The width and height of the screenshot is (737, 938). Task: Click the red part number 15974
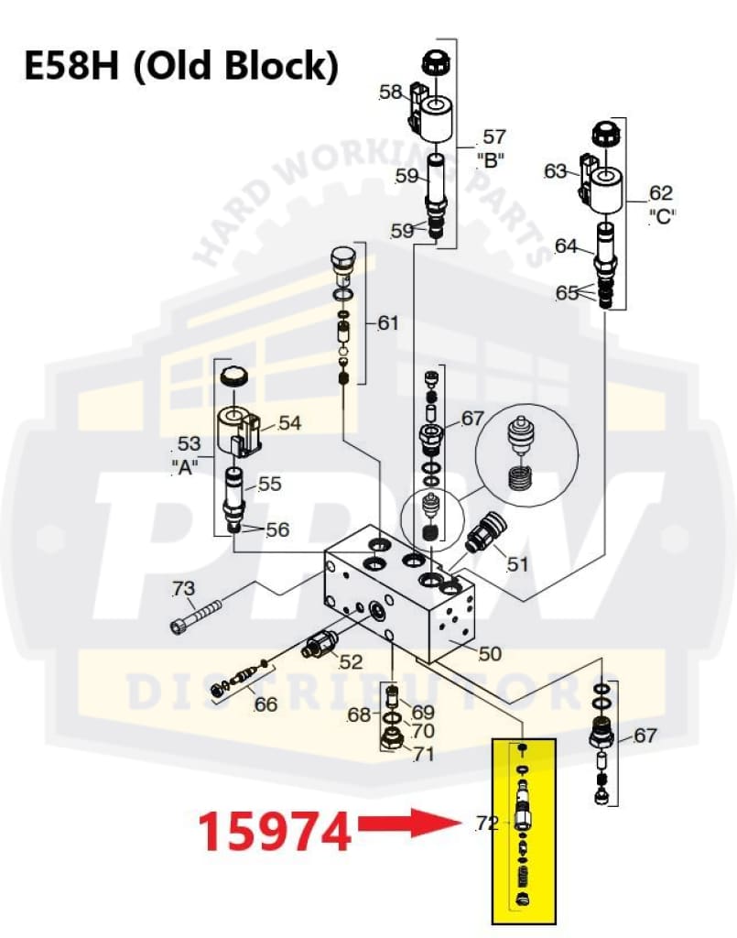[276, 832]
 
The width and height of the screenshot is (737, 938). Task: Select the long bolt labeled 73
[198, 615]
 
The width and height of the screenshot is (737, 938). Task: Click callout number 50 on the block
[491, 653]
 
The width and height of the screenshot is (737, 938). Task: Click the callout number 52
[351, 661]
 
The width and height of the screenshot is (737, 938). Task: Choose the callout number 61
[389, 322]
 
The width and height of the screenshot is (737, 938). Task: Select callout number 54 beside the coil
[290, 422]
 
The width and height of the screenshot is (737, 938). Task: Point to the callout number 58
[390, 92]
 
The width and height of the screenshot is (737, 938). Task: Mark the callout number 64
[566, 245]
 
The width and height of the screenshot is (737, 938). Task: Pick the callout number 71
[423, 754]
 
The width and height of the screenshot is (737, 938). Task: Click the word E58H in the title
[67, 65]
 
